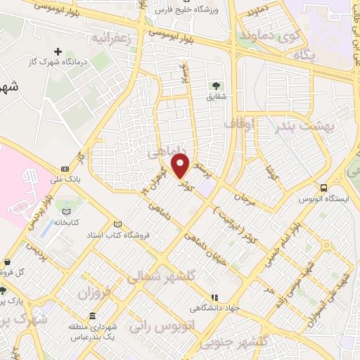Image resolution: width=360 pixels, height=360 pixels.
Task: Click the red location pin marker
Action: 181,166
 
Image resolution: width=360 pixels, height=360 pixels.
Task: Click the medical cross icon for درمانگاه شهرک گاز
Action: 58,51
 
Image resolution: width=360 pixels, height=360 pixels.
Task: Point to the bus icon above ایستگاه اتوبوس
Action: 323,188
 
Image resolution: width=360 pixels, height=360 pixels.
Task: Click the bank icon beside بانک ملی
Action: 65,169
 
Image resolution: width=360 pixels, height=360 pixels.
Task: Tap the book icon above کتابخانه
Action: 67,212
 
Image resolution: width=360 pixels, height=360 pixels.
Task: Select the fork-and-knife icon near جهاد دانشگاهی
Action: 215,297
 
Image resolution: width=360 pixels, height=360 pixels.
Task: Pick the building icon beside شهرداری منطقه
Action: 93,314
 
